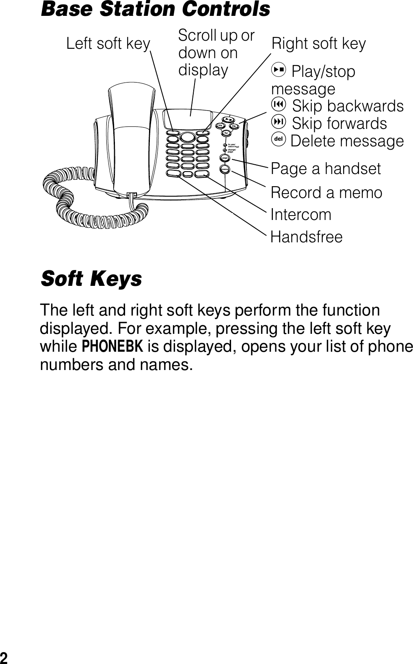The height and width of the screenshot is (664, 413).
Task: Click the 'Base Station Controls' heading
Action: point(156,9)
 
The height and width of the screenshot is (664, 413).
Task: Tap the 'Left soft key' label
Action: point(108,43)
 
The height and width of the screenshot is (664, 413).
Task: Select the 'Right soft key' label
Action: point(319,43)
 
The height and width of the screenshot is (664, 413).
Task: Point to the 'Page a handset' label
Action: point(326,168)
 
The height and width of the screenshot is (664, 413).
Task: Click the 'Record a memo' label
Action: point(327,192)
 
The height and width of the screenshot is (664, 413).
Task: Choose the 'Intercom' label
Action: point(301,214)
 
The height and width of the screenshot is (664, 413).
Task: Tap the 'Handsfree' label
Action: point(307,237)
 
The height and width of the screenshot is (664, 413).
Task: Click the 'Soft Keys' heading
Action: point(91,279)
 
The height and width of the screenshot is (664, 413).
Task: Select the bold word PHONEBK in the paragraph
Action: point(112,347)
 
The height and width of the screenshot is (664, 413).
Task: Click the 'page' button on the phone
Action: point(225,157)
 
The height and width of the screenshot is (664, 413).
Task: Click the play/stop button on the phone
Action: point(229,120)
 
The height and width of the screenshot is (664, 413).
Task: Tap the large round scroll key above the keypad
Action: point(187,136)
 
